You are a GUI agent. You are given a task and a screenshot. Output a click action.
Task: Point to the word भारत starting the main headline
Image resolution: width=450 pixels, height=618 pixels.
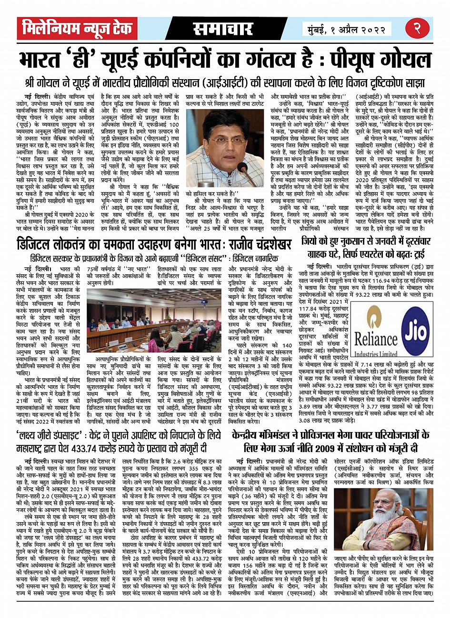40,61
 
